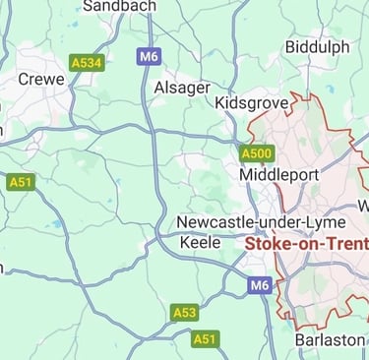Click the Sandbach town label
pyautogui.click(x=119, y=7)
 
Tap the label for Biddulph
pyautogui.click(x=317, y=47)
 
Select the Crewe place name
pyautogui.click(x=41, y=79)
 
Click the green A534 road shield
pyautogui.click(x=87, y=63)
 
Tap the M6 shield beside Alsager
pyautogui.click(x=149, y=57)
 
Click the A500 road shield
pyautogui.click(x=257, y=152)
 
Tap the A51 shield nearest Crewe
pyautogui.click(x=20, y=182)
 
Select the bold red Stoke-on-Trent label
pyautogui.click(x=306, y=243)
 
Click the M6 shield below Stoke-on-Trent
pyautogui.click(x=259, y=285)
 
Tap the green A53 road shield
pyautogui.click(x=184, y=312)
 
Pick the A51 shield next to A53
pyautogui.click(x=206, y=338)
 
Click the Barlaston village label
pyautogui.click(x=330, y=339)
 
